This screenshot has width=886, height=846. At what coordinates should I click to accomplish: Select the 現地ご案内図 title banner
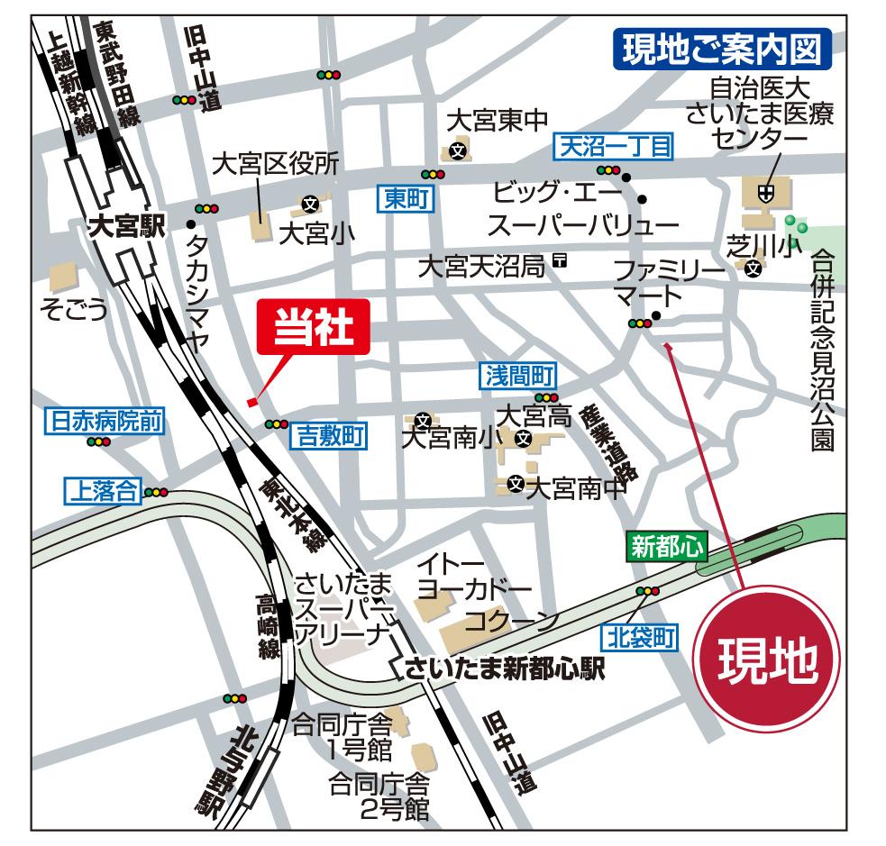721,50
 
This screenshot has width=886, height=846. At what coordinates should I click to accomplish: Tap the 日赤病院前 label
105,420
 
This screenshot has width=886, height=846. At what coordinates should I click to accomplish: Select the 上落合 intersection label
100,490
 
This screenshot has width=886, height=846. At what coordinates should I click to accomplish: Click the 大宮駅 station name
126,227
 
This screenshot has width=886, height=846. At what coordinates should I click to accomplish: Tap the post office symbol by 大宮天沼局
560,261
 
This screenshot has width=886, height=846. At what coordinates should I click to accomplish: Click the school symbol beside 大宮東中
459,150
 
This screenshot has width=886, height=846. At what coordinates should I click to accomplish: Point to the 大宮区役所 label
276,163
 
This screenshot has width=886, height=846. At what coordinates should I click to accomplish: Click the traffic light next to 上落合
157,492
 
